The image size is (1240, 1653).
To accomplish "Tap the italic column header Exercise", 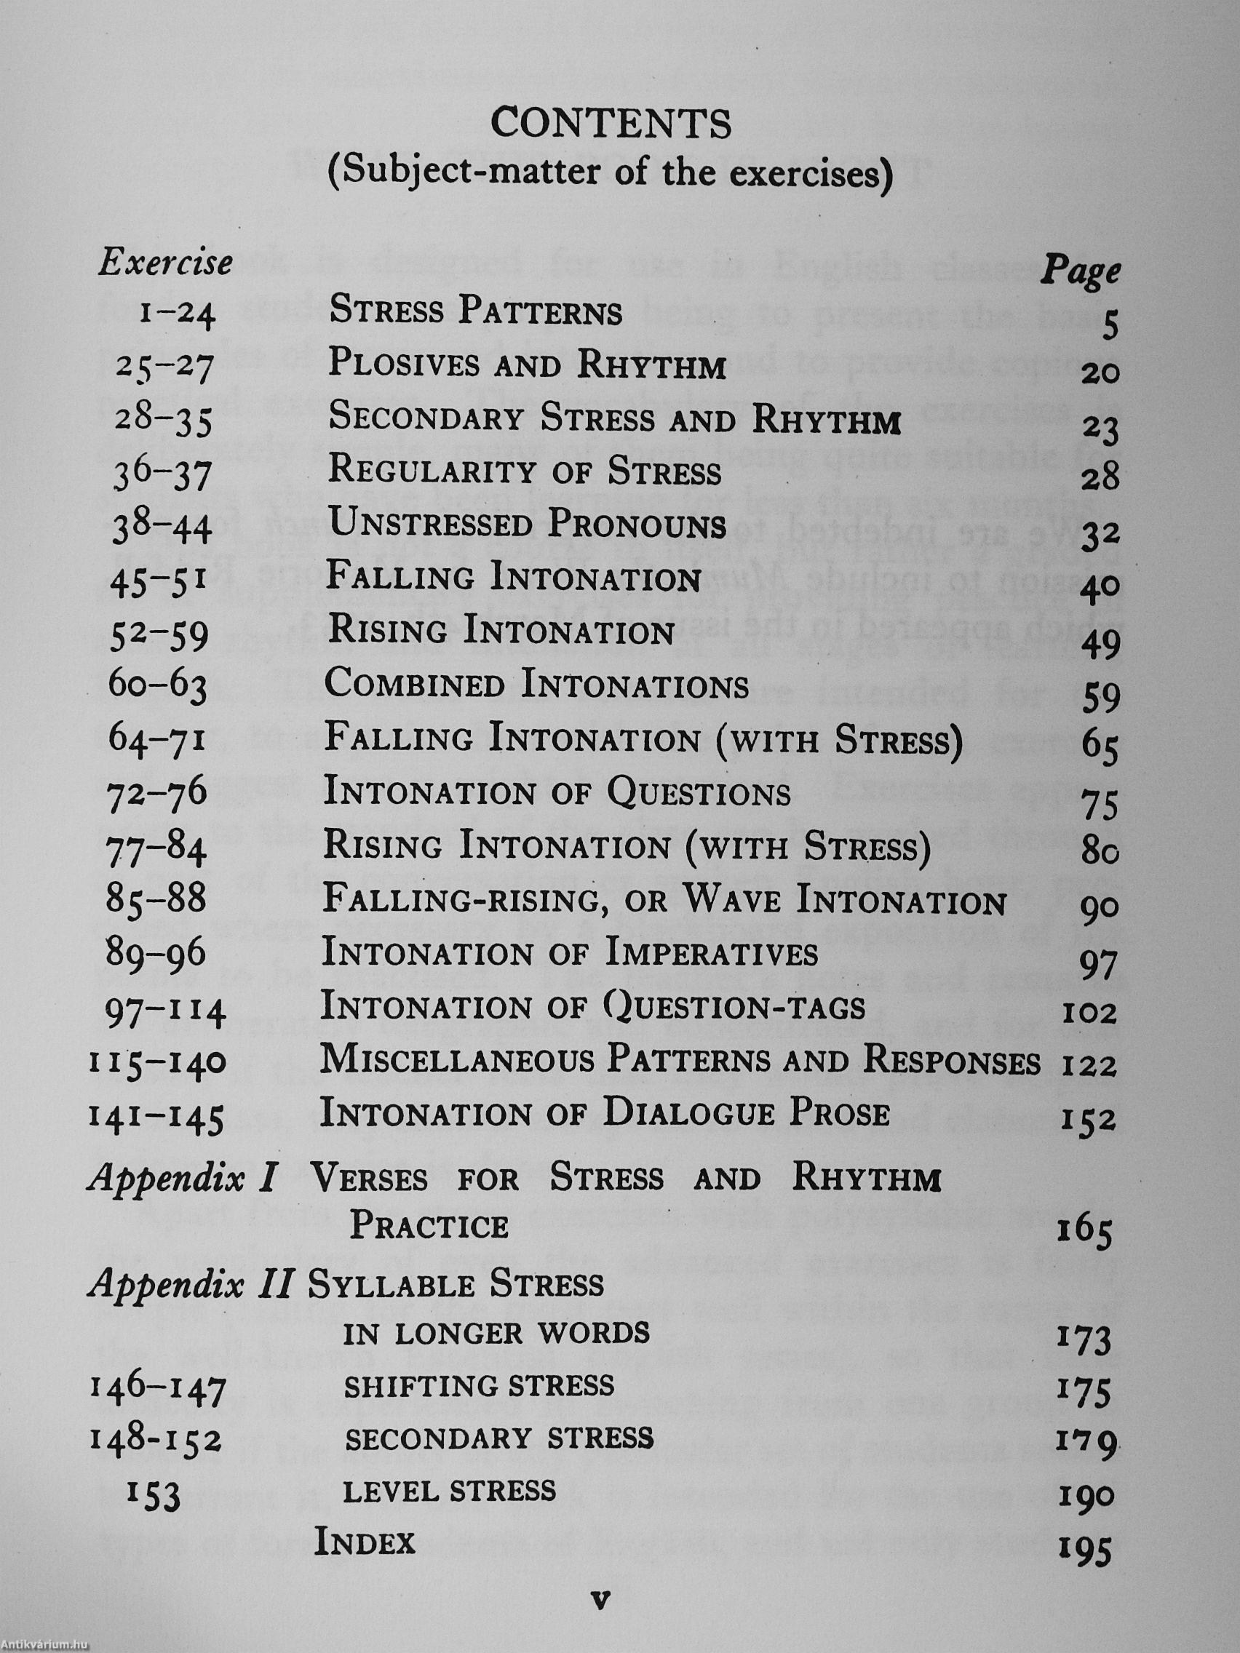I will tap(165, 263).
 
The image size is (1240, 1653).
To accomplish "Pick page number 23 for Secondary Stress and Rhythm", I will tap(1099, 430).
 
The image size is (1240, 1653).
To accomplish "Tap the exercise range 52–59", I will tap(160, 637).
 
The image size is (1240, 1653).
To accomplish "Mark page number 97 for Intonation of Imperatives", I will tap(1099, 967).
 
